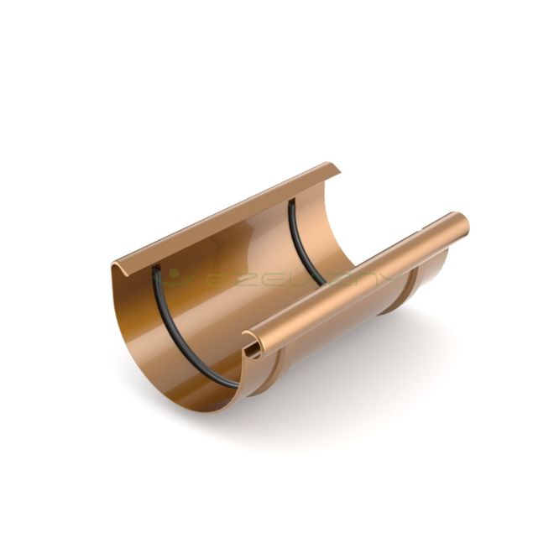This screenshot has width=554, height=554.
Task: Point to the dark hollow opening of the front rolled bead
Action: [x=250, y=344]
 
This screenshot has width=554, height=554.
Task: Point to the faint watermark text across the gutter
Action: [x=277, y=278]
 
